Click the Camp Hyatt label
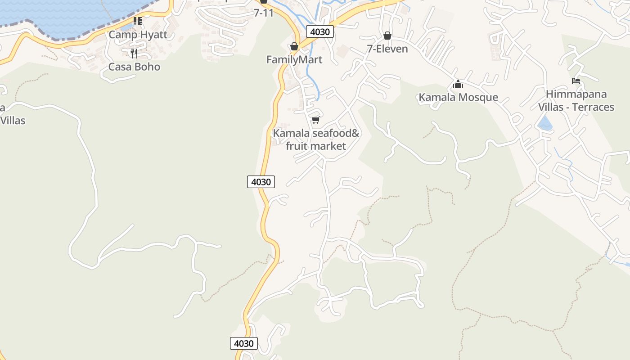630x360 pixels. coord(138,35)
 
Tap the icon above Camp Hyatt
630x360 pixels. coord(138,21)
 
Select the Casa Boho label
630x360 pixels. coord(134,67)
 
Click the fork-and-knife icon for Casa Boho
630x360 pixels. coord(134,54)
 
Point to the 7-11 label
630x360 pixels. coord(264,13)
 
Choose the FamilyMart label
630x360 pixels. coord(294,60)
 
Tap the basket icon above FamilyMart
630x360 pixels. coord(294,46)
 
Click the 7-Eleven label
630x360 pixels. coord(387,49)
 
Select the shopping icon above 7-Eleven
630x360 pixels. coord(387,36)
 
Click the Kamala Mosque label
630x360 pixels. coord(458,97)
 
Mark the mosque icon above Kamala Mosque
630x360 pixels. coord(458,84)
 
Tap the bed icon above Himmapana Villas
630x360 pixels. coord(576,81)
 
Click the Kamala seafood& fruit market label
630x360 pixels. coord(316,139)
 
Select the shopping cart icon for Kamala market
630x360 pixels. coord(315,120)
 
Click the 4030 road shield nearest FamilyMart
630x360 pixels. coord(319,31)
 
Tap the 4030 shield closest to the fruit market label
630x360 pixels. coord(261,182)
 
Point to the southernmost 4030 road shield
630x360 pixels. coord(244,343)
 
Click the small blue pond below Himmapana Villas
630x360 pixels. coord(545,123)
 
